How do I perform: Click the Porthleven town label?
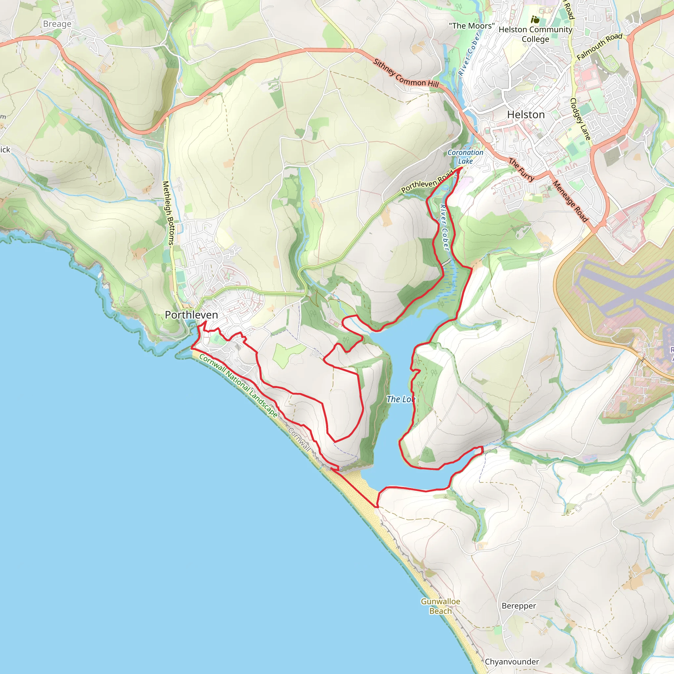191,315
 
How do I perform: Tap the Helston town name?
526,115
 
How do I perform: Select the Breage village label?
57,24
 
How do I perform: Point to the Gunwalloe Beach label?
440,606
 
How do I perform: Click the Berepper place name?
518,606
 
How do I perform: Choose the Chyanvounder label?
512,662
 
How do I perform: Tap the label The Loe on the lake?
401,399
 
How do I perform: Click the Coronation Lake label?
465,157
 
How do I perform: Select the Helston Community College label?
535,34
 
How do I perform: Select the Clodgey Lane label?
580,119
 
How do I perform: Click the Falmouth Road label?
599,46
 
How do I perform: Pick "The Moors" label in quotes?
472,26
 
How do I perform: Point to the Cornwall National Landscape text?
238,386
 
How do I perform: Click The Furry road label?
521,170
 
